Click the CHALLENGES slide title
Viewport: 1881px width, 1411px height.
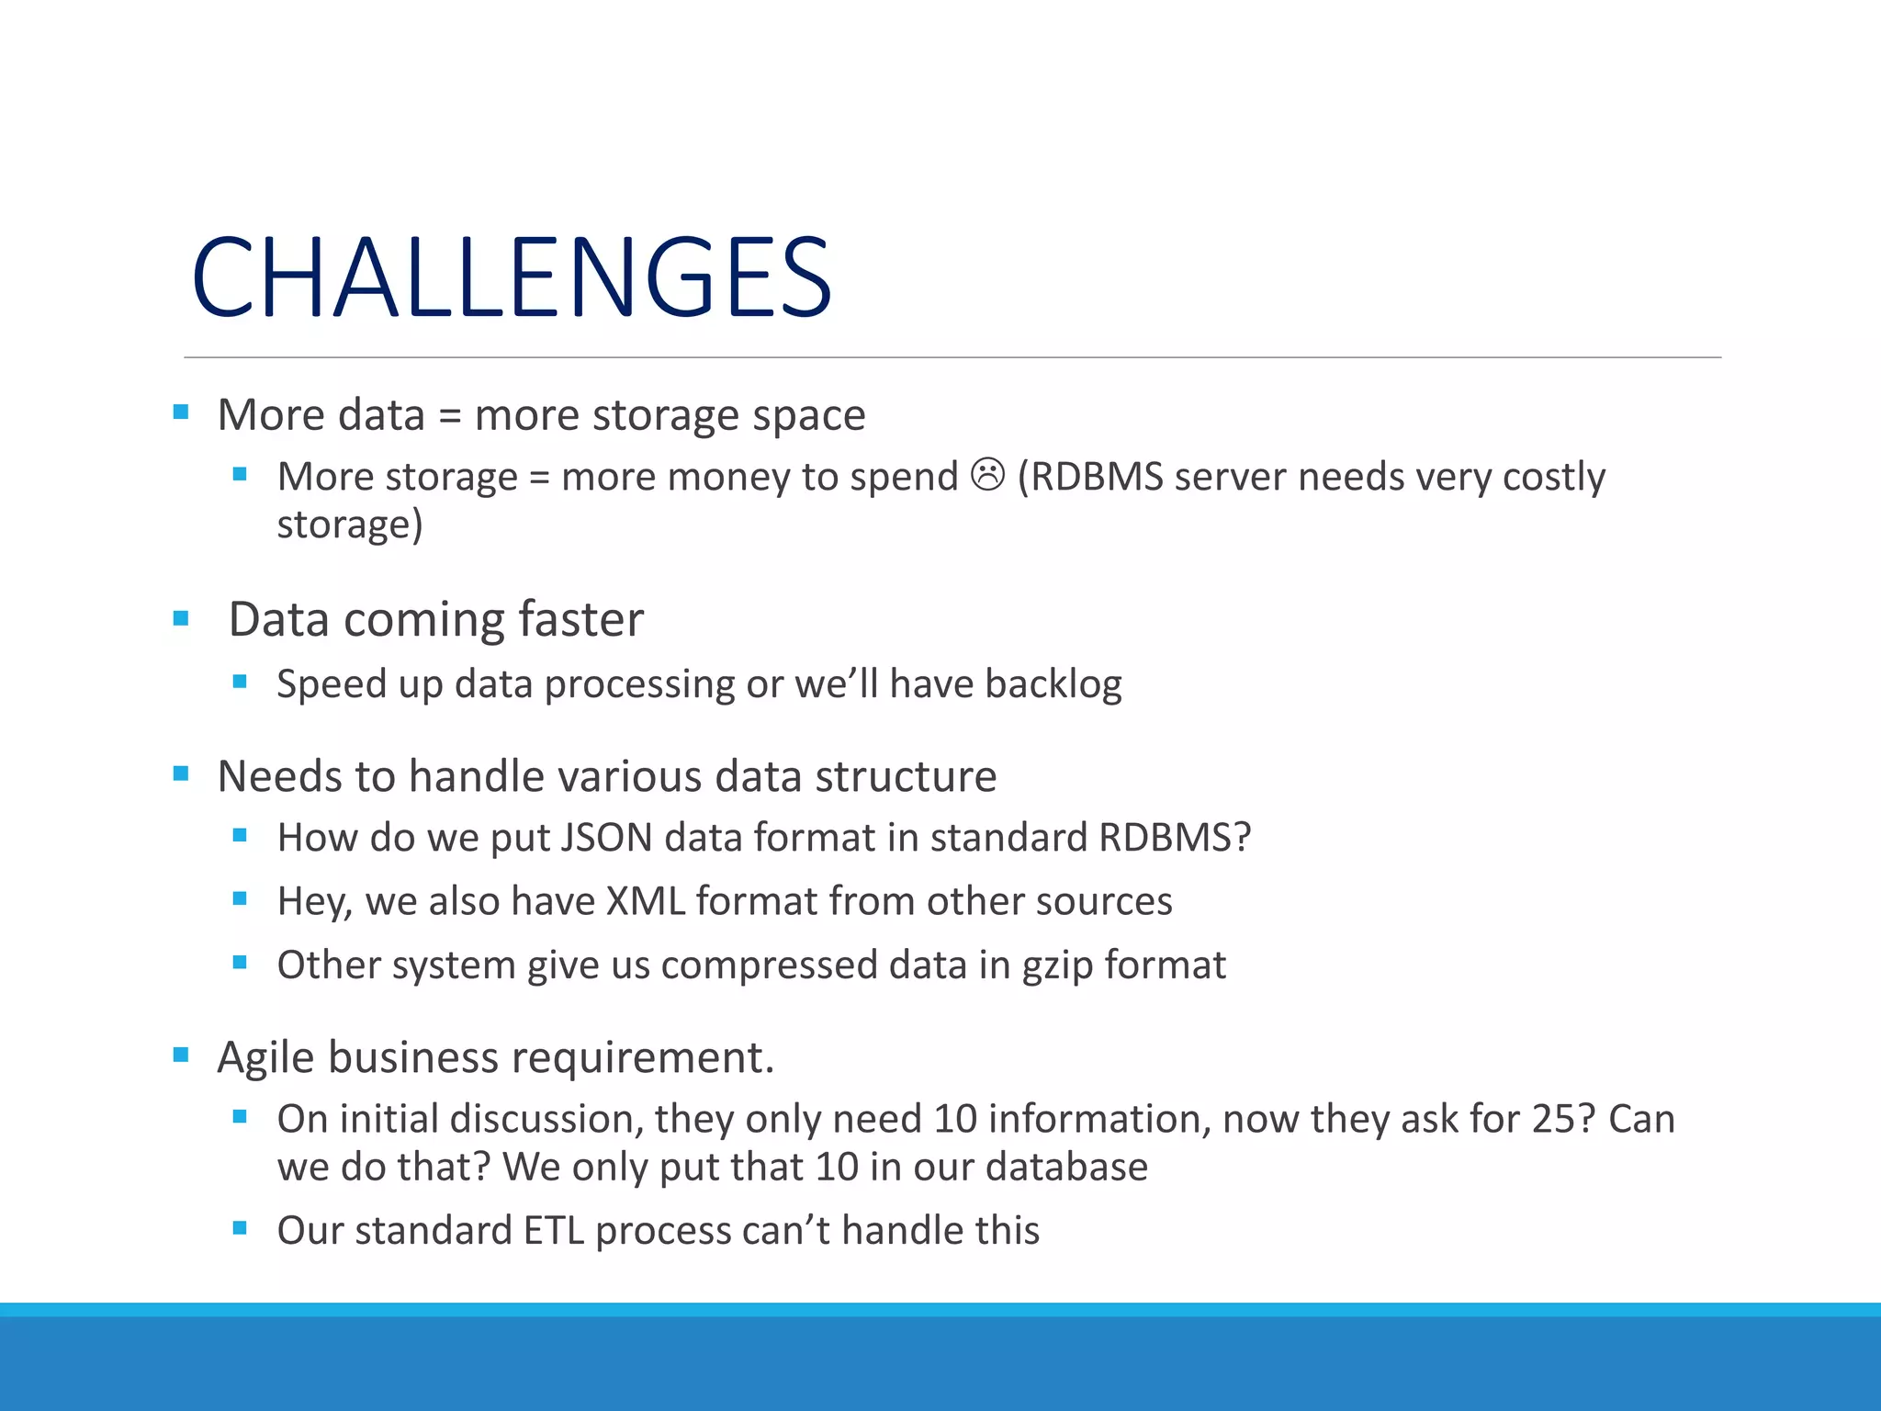pyautogui.click(x=511, y=277)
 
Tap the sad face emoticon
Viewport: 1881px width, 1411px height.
pyautogui.click(x=987, y=475)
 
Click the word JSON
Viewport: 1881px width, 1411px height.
pyautogui.click(x=606, y=838)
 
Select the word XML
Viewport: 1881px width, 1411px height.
pyautogui.click(x=646, y=901)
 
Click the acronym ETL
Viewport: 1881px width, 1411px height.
pyautogui.click(x=553, y=1231)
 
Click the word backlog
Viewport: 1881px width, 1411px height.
pyautogui.click(x=1053, y=684)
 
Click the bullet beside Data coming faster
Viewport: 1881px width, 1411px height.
pyautogui.click(x=181, y=619)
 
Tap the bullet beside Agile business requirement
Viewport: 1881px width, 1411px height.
pyautogui.click(x=181, y=1055)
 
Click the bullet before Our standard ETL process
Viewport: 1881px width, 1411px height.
pyautogui.click(x=240, y=1228)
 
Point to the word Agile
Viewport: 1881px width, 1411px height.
pyautogui.click(x=266, y=1057)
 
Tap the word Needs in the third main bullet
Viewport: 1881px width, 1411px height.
pyautogui.click(x=279, y=776)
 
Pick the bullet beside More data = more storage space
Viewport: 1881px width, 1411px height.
pyautogui.click(x=181, y=412)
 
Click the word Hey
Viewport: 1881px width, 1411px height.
pyautogui.click(x=313, y=901)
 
